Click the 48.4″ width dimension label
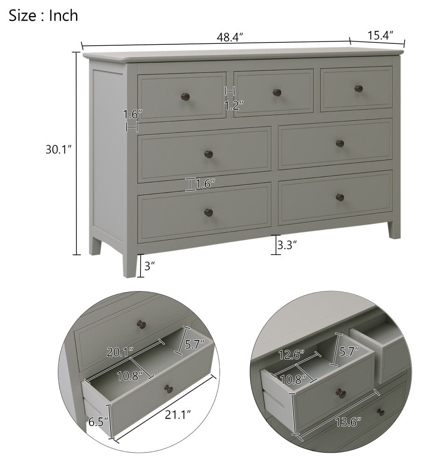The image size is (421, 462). pyautogui.click(x=230, y=37)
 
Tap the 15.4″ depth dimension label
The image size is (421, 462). pyautogui.click(x=380, y=35)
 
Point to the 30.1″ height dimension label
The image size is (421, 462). pyautogui.click(x=59, y=149)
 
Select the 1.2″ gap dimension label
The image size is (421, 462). pyautogui.click(x=234, y=105)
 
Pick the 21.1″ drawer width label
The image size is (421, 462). pyautogui.click(x=178, y=415)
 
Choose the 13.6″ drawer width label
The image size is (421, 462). pyautogui.click(x=348, y=422)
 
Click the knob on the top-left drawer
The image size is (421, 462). pyautogui.click(x=185, y=96)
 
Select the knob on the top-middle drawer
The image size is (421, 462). pyautogui.click(x=277, y=92)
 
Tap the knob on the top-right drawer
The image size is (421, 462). pyautogui.click(x=358, y=88)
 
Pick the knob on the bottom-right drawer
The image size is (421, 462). pyautogui.click(x=340, y=197)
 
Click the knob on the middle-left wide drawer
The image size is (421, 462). pyautogui.click(x=209, y=154)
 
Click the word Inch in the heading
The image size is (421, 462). pyautogui.click(x=63, y=15)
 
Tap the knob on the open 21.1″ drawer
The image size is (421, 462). pyautogui.click(x=168, y=389)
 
